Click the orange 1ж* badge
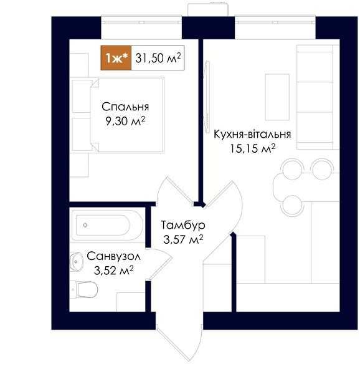point(116,58)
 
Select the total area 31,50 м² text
point(158,58)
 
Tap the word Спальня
point(125,107)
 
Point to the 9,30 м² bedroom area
point(125,121)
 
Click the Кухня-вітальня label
point(252,134)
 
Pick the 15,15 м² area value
point(253,148)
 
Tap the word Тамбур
point(183,225)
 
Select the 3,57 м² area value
point(183,239)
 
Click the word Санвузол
point(113,256)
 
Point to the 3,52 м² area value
point(113,271)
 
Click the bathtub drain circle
point(85,224)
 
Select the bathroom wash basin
point(77,262)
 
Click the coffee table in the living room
point(277,97)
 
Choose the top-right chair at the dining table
point(323,169)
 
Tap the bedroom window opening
point(141,27)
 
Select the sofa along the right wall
point(318,97)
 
